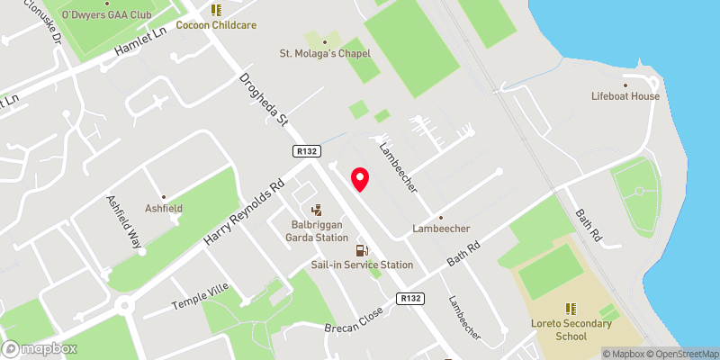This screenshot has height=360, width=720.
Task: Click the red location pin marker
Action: (x=360, y=179)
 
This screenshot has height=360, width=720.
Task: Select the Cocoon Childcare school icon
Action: (x=215, y=10)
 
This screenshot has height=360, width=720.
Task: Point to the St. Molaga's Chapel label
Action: (x=324, y=53)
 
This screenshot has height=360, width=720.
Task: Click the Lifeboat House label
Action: (x=625, y=96)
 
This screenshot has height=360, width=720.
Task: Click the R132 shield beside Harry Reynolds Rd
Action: (x=303, y=153)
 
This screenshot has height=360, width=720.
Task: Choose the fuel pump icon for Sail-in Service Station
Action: (x=362, y=251)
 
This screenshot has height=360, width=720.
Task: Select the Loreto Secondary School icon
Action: (x=571, y=309)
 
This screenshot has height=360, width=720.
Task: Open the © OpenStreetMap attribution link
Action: (x=678, y=354)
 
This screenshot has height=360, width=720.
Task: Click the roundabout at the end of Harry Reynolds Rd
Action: (x=125, y=305)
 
